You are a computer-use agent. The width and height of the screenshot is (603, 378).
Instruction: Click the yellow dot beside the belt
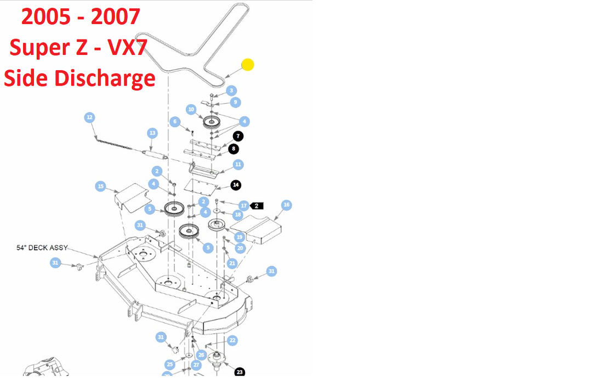click(x=248, y=65)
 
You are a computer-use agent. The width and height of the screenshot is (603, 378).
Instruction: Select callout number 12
click(x=89, y=117)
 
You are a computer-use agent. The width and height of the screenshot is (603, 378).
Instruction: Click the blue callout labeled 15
click(x=100, y=187)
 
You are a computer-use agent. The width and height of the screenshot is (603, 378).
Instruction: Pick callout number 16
click(x=286, y=205)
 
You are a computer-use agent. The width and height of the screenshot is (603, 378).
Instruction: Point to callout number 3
click(x=232, y=91)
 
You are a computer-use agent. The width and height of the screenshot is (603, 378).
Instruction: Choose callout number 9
click(x=235, y=102)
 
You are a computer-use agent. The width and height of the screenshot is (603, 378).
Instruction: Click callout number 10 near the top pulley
click(x=191, y=110)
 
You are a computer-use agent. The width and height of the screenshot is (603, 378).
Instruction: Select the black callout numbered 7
click(x=237, y=136)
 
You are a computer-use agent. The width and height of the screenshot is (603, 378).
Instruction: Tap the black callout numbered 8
click(x=234, y=148)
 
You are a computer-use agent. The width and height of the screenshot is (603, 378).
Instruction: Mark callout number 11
click(x=238, y=165)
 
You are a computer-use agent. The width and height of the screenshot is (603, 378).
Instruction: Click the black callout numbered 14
click(x=236, y=185)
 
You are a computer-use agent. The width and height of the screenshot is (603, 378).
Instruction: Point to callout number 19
click(x=240, y=237)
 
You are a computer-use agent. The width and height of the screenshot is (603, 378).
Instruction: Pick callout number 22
click(x=232, y=340)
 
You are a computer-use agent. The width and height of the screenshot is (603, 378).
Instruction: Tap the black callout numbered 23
click(x=240, y=372)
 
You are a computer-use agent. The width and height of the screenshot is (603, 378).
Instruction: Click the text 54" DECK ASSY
click(x=42, y=248)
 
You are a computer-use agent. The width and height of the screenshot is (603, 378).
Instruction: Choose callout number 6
click(x=175, y=121)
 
